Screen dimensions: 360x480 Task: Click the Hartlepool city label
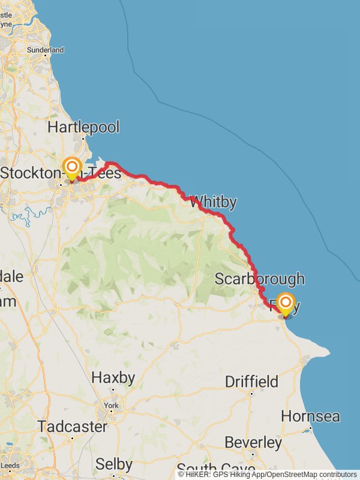(x=83, y=127)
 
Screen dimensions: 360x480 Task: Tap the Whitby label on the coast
(x=213, y=202)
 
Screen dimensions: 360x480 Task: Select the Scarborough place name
(x=259, y=279)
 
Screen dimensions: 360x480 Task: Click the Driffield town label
(x=251, y=382)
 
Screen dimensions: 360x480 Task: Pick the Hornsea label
(x=310, y=416)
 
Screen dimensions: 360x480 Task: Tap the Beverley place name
(x=253, y=443)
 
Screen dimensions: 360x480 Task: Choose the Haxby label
(x=113, y=378)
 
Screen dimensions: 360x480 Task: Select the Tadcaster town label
(x=72, y=427)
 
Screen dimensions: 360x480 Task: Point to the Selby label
(x=114, y=464)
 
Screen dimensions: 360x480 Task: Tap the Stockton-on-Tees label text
(x=60, y=173)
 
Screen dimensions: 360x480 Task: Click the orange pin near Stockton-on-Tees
(x=72, y=167)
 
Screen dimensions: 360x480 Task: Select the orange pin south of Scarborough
(x=286, y=303)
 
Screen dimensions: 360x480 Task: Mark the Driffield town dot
(x=252, y=394)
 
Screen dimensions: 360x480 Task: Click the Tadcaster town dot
(x=72, y=438)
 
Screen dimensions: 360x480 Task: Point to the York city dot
(x=110, y=412)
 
